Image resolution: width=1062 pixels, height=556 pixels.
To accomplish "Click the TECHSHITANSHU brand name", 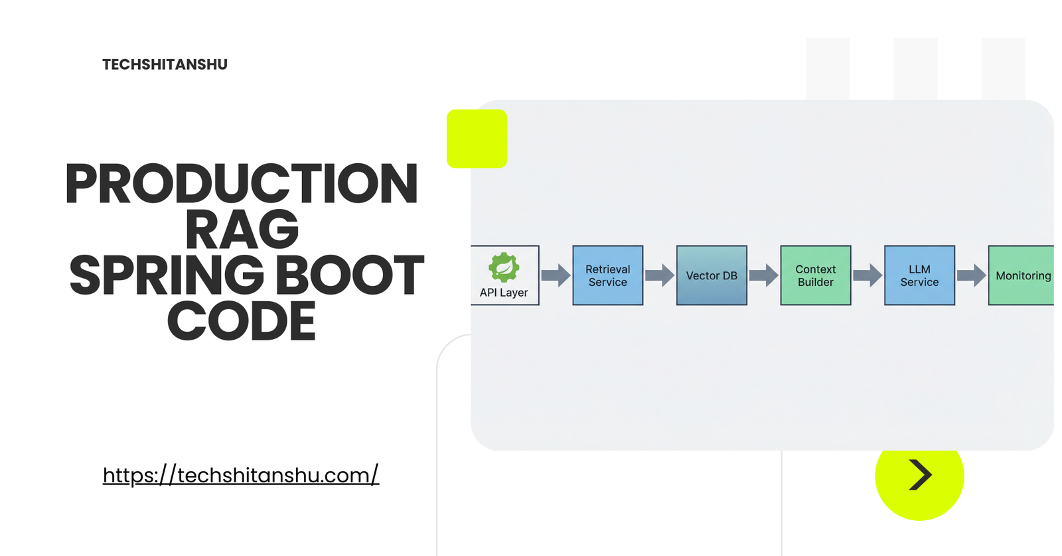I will [165, 64].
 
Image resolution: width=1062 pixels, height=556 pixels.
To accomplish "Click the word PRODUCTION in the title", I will [242, 184].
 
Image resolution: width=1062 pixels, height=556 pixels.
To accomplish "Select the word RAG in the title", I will [242, 230].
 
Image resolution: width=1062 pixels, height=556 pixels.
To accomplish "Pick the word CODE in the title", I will [242, 321].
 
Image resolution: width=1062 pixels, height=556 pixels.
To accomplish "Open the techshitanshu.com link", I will [240, 475].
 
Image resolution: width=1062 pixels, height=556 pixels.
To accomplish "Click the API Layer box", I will [504, 275].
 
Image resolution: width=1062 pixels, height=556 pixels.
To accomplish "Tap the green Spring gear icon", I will [504, 267].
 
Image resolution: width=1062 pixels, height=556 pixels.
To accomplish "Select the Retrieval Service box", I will [607, 275].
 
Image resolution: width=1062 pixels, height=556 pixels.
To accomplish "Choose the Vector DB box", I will [712, 275].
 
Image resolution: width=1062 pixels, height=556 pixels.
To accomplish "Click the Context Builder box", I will [815, 275].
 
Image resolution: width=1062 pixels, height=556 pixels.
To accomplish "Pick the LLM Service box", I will [919, 275].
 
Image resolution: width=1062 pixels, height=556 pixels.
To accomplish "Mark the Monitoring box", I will [1022, 275].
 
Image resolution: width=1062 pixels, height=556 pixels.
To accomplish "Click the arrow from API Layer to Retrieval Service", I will [556, 275].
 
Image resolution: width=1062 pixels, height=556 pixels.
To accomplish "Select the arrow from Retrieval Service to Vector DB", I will [660, 275].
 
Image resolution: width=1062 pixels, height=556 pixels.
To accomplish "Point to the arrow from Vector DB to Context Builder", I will [763, 275].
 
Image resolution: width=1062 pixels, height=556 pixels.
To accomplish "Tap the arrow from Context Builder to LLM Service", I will [868, 275].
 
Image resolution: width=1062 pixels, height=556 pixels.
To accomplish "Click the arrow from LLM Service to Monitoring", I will [971, 275].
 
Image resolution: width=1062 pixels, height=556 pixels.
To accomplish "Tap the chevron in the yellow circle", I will [920, 475].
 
